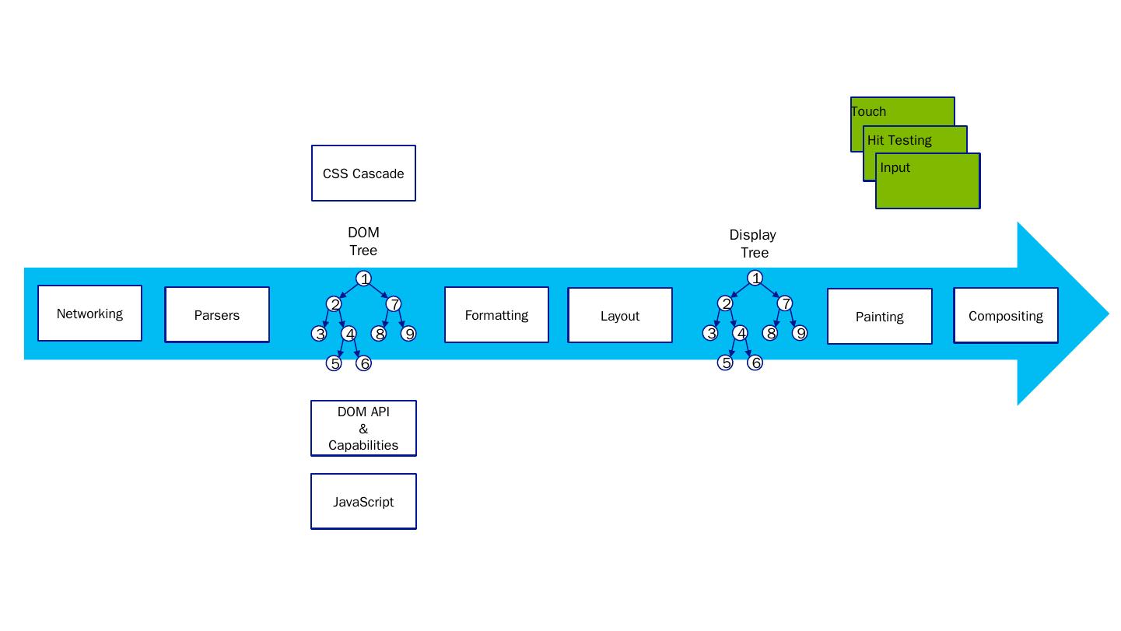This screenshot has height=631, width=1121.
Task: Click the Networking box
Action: [89, 314]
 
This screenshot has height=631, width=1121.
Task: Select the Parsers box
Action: [217, 315]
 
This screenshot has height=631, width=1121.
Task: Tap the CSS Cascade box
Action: [363, 174]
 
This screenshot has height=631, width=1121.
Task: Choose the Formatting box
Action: [496, 315]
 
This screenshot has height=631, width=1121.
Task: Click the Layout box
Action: [620, 316]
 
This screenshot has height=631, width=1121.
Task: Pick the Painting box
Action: [879, 317]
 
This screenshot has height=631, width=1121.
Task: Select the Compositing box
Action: [1006, 316]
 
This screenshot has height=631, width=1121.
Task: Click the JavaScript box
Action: [363, 502]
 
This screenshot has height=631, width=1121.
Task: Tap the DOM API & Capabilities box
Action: [363, 429]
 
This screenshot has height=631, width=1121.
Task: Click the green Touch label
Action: [869, 111]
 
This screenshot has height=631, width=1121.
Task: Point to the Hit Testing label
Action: [899, 140]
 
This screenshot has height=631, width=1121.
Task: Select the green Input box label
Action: [895, 167]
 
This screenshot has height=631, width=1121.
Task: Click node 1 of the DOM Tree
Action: [363, 279]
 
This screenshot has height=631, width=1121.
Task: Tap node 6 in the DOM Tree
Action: [363, 363]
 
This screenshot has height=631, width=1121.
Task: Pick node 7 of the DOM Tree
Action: [394, 304]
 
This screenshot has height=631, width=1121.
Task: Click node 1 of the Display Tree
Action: [755, 278]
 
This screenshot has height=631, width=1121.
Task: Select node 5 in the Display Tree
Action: [725, 363]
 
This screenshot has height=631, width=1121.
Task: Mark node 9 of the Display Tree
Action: [800, 333]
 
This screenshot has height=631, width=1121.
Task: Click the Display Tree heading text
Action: [753, 244]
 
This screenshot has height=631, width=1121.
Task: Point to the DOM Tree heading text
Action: [363, 241]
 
